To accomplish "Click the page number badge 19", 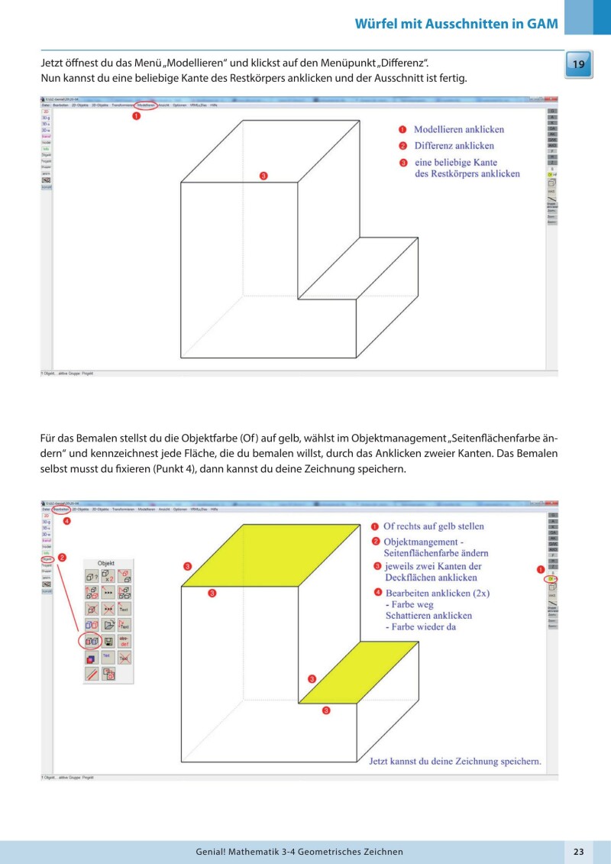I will pos(578,65).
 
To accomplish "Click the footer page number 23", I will pos(578,851).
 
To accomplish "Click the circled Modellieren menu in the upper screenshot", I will pos(147,105).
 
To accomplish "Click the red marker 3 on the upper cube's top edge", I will pos(263,176).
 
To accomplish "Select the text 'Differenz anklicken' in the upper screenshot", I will pos(454,145).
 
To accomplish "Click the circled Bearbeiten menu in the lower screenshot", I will pos(62,509).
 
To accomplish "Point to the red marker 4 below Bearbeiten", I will pos(66,522).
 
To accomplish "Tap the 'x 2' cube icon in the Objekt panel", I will pos(108,575).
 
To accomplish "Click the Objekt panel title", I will pos(108,561).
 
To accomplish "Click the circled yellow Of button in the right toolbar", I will pos(551,580).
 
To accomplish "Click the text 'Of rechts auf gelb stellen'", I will pos(433,526).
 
